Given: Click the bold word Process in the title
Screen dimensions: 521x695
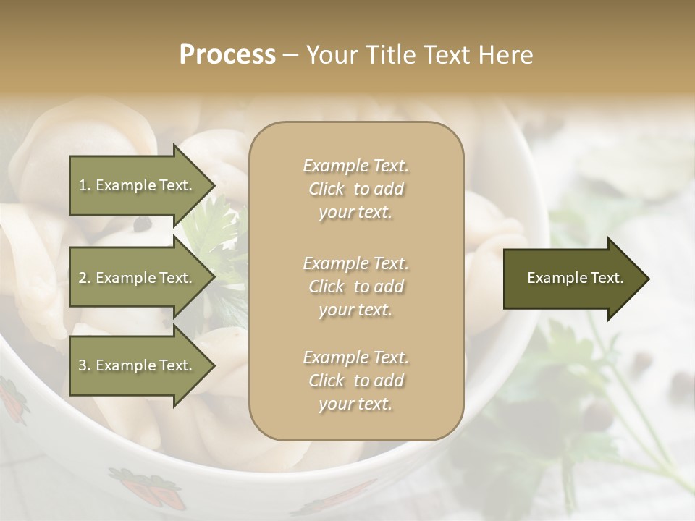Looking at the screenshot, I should [x=227, y=55].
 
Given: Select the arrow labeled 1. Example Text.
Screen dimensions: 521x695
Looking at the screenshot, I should [x=135, y=185].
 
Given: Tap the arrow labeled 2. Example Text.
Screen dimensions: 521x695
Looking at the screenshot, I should [x=135, y=278].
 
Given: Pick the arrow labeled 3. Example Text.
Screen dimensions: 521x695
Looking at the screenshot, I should [x=135, y=365].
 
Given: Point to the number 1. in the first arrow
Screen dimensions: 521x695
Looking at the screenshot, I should [x=85, y=185].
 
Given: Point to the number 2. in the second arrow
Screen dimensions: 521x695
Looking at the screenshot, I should [x=85, y=278].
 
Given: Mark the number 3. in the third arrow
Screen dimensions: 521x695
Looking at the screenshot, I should [x=85, y=365].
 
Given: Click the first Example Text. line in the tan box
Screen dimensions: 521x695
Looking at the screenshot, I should [x=355, y=166].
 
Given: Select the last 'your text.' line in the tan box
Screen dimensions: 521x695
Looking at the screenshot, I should [x=355, y=404].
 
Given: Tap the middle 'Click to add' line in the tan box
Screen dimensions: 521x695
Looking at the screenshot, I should [x=355, y=287].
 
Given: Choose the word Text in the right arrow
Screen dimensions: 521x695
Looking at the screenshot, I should [x=607, y=279].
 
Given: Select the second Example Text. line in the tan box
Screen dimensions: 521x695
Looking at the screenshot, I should [x=355, y=263].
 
